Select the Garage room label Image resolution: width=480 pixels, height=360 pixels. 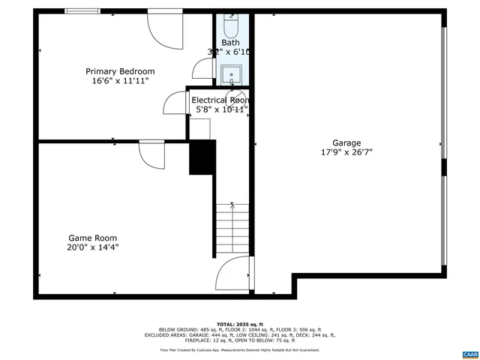pos(346,142)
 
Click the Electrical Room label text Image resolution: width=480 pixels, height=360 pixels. pos(220,100)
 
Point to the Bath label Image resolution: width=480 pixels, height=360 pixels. pos(230,43)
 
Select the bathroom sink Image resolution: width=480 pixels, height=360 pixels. pos(231,73)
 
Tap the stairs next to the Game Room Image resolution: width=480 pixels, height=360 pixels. pos(232,229)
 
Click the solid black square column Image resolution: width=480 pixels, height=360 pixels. pos(202,157)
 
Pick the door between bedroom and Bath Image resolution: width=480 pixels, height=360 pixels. pos(203,68)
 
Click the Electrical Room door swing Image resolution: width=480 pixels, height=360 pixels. pos(175,102)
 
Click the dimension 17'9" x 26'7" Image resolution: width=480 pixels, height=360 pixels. pos(346,152)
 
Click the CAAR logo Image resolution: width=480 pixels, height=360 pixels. pos(469,352)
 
